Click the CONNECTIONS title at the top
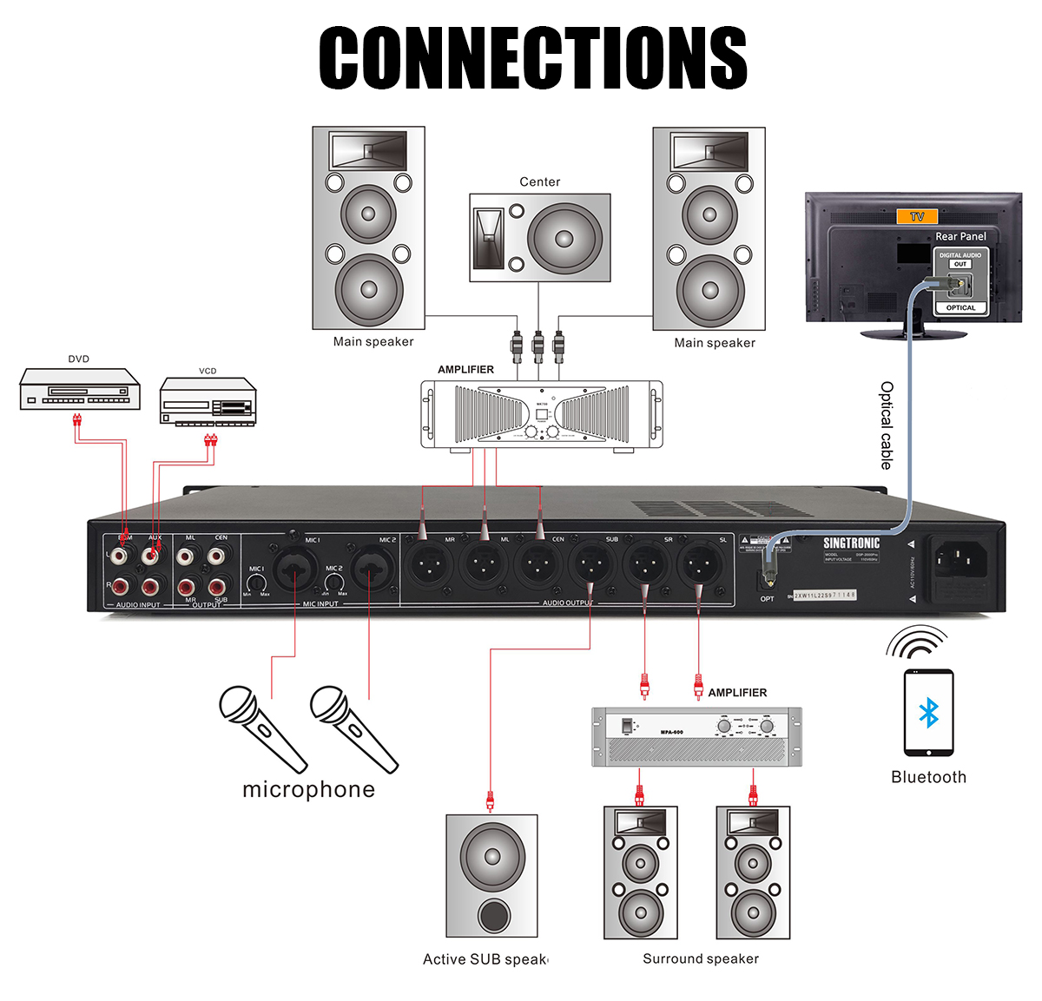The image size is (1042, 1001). [x=532, y=57]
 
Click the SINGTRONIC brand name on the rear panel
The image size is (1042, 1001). [x=851, y=543]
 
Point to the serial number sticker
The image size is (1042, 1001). [x=824, y=595]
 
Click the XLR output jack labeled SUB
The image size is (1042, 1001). [x=592, y=566]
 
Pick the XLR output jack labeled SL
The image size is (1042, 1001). [x=699, y=566]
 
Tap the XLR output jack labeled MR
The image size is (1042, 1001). [x=432, y=566]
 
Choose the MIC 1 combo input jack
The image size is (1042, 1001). [x=294, y=570]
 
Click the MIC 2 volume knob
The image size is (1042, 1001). [x=333, y=583]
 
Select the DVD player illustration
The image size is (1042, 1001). [x=80, y=389]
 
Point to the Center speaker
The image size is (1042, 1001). [x=540, y=237]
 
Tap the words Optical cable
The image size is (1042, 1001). [x=886, y=425]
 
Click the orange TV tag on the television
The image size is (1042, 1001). [x=917, y=217]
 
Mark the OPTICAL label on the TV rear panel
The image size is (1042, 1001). [x=960, y=307]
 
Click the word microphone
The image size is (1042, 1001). [x=308, y=789]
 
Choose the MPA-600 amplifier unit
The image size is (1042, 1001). [x=696, y=736]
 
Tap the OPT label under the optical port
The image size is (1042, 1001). [x=767, y=599]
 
